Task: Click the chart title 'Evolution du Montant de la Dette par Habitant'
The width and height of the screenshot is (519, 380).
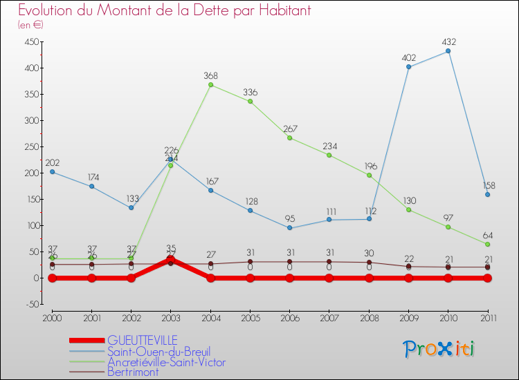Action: tap(165, 10)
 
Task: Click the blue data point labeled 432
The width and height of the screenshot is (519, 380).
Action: tap(448, 51)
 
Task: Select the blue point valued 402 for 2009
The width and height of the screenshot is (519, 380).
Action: tap(408, 67)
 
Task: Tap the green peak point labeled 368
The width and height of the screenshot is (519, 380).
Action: tap(210, 85)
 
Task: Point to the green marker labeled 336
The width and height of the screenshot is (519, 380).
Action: tap(250, 102)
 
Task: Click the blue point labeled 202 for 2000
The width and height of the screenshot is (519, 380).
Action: tap(52, 171)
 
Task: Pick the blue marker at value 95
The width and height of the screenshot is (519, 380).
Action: tap(289, 228)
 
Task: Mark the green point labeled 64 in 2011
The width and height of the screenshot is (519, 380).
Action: tap(487, 245)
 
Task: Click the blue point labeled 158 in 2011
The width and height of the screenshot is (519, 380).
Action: tap(487, 195)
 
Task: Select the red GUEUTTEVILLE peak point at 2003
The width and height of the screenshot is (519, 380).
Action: tap(171, 260)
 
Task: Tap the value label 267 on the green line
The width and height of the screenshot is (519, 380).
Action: tap(289, 128)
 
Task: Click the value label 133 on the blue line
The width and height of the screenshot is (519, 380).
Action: tap(131, 198)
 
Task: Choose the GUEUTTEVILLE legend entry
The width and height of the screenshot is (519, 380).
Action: tap(142, 340)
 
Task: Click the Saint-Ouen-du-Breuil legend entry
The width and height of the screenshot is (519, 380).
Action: tap(158, 351)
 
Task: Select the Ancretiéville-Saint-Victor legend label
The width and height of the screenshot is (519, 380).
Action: tap(166, 362)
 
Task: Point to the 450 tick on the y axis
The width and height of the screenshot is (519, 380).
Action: tap(30, 41)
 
